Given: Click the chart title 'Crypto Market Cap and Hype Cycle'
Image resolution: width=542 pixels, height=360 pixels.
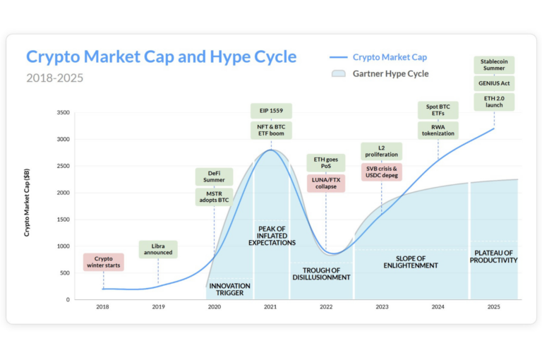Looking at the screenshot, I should click(x=161, y=56).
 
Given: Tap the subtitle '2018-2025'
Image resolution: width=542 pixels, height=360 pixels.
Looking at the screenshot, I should click(x=54, y=78).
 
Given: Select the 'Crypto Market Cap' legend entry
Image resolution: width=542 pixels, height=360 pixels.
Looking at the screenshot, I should click(x=389, y=57).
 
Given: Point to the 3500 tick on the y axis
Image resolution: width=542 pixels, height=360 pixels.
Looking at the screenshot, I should click(x=62, y=113).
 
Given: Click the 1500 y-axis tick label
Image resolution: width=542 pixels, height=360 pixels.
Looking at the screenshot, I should click(x=62, y=220).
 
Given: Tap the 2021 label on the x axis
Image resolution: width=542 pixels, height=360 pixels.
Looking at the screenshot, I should click(x=270, y=307).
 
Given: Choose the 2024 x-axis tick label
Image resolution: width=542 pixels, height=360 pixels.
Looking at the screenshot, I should click(x=438, y=307).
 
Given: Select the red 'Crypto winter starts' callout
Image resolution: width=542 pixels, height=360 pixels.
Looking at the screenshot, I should click(x=103, y=263).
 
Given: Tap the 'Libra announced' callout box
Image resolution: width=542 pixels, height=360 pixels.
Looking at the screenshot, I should click(x=158, y=249).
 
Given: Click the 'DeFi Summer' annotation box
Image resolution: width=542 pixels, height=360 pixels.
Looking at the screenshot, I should click(x=214, y=176).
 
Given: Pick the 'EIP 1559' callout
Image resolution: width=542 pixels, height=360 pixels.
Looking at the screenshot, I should click(x=271, y=111).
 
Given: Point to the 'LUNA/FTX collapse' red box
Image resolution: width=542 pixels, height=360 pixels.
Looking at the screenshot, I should click(x=325, y=183).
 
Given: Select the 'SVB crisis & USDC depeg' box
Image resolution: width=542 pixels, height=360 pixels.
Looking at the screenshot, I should click(x=381, y=172).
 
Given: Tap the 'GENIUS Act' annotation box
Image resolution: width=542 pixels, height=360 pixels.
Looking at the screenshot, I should click(x=494, y=84).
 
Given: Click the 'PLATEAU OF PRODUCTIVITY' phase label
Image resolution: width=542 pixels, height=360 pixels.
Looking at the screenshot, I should click(x=494, y=256).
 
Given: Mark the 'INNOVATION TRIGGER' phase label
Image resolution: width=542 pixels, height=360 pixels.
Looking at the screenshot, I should click(x=229, y=289).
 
